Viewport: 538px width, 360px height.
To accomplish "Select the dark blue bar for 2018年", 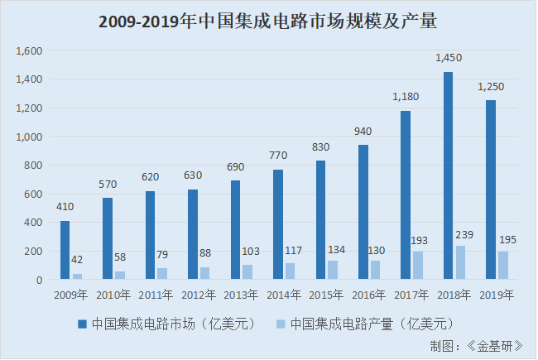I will tap(448, 175).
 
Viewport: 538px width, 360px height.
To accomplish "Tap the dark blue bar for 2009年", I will tap(65, 250).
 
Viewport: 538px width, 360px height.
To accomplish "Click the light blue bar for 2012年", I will tap(204, 273).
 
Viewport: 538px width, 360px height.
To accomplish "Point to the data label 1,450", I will tap(448, 58).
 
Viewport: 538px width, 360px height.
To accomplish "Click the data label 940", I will tap(363, 131).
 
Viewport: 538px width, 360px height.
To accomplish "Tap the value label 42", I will tap(77, 260).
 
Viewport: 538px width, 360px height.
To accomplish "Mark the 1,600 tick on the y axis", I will tap(29, 50).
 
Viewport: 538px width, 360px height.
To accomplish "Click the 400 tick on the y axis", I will tap(32, 223).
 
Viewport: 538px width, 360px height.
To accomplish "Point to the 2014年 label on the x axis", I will tap(284, 295).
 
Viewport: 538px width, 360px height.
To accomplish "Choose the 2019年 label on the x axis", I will tap(497, 295).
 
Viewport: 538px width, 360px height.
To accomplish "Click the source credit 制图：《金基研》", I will tap(482, 345).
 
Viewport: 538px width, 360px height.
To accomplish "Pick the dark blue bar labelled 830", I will tap(320, 220).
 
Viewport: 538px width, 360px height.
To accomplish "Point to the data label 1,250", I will tap(491, 87).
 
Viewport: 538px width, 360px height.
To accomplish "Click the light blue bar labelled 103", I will tap(247, 272).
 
